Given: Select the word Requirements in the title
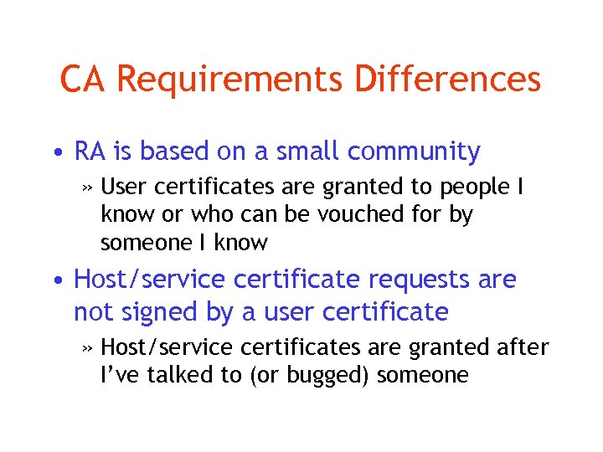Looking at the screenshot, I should point(229,80).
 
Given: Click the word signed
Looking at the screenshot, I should point(156,312).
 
